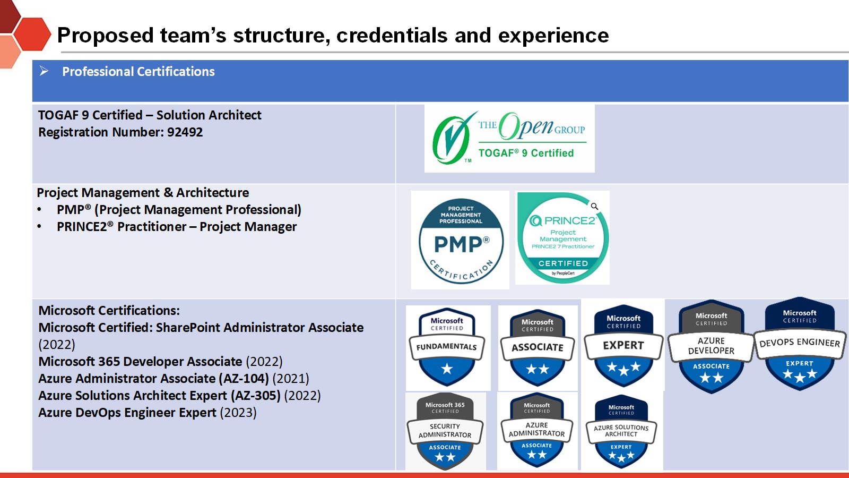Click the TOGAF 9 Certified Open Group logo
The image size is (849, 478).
coord(509,139)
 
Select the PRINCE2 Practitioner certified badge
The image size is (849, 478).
coord(563,238)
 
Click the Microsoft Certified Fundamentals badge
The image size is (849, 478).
coord(447,347)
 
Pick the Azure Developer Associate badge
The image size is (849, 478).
coord(711,346)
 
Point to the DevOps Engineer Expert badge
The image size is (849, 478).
coord(800,343)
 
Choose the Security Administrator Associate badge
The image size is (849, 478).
coord(445,431)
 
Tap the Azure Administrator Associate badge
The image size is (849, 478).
coord(536,430)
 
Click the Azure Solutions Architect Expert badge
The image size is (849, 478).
coord(621,432)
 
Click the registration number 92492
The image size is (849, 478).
coord(185,132)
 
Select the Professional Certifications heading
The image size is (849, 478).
coord(138,71)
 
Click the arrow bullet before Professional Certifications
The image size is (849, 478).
coord(44,71)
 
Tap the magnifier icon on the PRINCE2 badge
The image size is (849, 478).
coord(594,207)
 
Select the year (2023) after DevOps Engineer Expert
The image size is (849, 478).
coord(238,413)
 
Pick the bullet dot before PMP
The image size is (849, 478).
coord(39,210)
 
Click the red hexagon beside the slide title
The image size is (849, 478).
coord(32,34)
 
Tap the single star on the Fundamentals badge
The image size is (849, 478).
coord(447,369)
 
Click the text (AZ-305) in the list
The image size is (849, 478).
coord(255,396)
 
